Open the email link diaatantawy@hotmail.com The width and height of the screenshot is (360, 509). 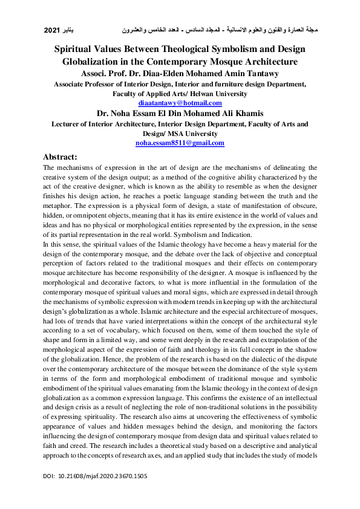[x=180, y=103]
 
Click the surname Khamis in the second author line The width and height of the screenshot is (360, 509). [x=246, y=113]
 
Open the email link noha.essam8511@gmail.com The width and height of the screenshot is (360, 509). [x=180, y=143]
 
